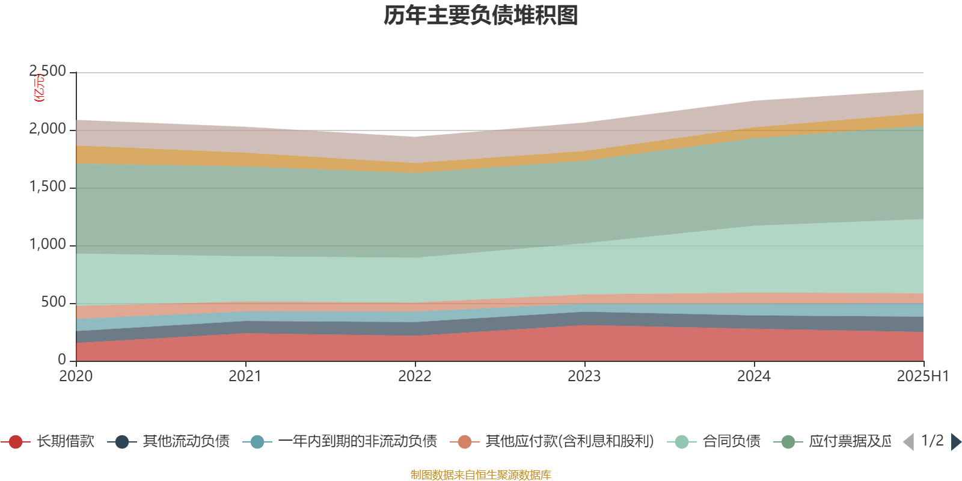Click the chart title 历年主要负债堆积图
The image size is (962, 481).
[481, 16]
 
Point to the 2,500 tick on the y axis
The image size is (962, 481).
[48, 72]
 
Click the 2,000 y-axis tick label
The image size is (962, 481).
[48, 129]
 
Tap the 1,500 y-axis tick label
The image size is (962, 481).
[48, 187]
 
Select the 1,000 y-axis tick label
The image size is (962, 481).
[48, 245]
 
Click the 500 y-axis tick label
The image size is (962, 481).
[54, 302]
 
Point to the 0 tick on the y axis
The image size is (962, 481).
[62, 360]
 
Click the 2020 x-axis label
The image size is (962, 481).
[76, 376]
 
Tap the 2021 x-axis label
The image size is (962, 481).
[245, 376]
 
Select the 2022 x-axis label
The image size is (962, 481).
[415, 376]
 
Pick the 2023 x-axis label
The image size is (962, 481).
[584, 376]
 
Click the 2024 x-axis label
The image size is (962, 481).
[754, 376]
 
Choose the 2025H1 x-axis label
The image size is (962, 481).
[922, 376]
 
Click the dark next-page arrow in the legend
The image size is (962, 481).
[955, 442]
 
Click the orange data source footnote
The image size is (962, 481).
[481, 475]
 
